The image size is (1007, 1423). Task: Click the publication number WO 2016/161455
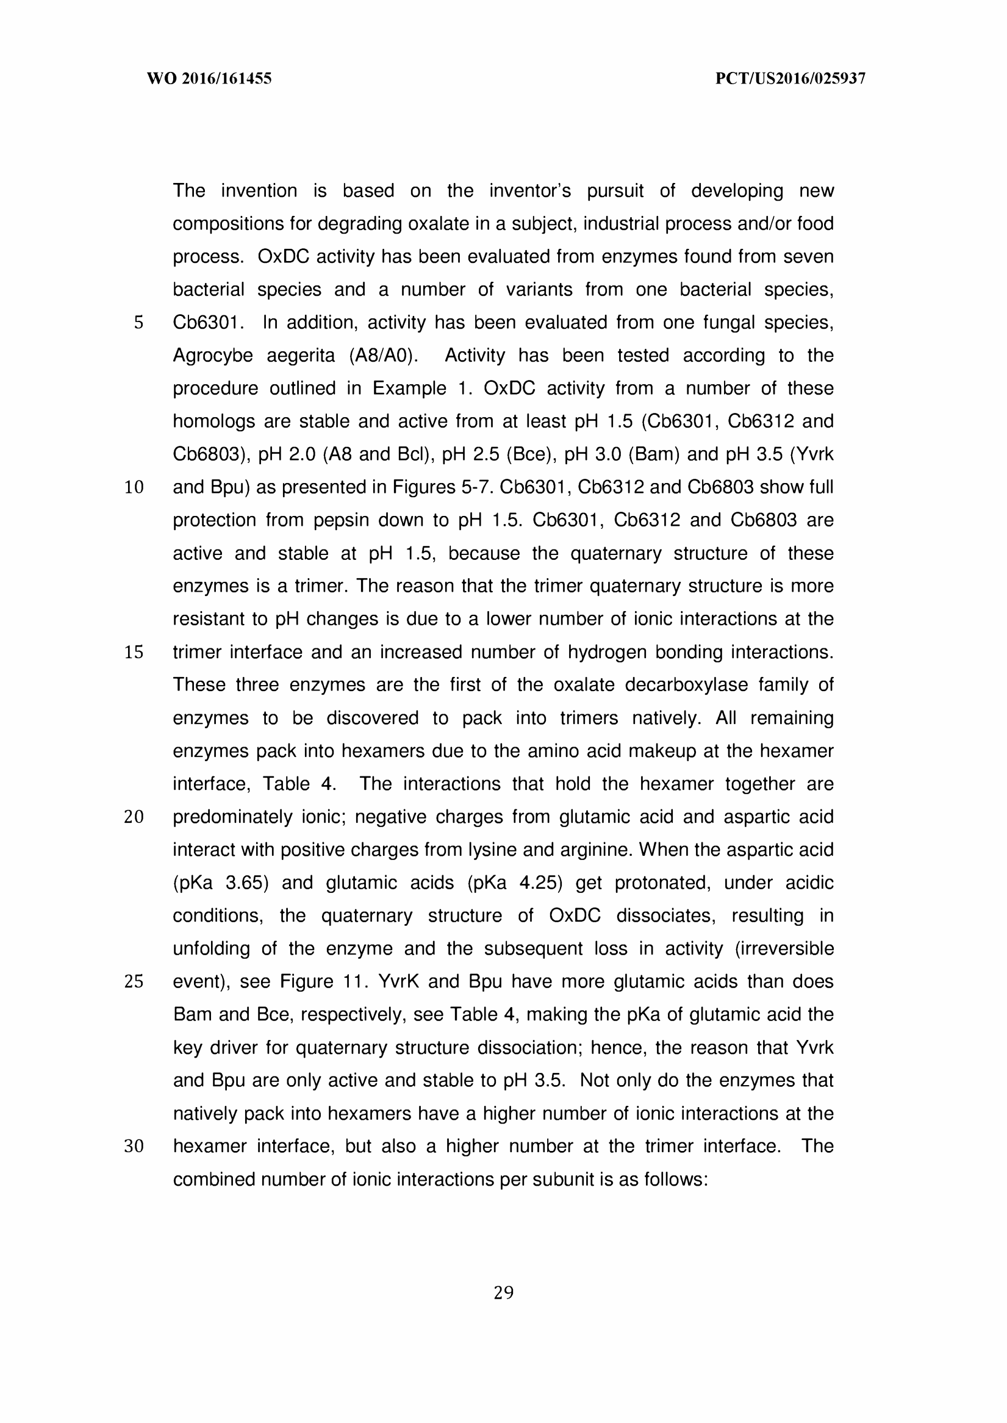[209, 79]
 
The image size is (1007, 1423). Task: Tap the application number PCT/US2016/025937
[790, 79]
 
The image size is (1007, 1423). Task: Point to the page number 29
[504, 1293]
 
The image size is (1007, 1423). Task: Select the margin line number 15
[134, 652]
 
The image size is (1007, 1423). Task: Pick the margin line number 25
[134, 981]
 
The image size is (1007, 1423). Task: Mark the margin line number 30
[134, 1147]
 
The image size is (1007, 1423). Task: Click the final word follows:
[676, 1179]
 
